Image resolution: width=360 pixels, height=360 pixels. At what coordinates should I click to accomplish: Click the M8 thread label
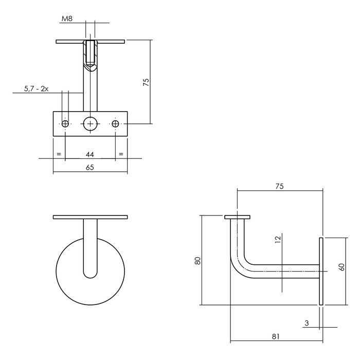tap(66, 20)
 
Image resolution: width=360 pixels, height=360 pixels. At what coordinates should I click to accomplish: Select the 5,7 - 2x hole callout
tap(36, 89)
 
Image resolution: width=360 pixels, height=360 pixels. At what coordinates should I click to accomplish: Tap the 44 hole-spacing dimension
tap(90, 154)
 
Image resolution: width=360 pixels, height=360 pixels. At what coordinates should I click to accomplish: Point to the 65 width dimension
tap(90, 168)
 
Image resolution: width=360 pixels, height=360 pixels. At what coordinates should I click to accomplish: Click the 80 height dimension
tap(197, 261)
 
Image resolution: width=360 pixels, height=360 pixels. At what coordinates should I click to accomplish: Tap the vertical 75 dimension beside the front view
tap(146, 82)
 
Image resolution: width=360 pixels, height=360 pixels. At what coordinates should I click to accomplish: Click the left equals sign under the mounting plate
tap(59, 154)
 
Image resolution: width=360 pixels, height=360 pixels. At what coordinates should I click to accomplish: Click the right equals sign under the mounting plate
tap(121, 154)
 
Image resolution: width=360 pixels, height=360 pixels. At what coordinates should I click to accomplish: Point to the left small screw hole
tap(65, 123)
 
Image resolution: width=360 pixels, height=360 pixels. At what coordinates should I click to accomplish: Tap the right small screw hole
tap(115, 123)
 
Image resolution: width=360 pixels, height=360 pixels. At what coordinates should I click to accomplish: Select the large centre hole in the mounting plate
tap(91, 123)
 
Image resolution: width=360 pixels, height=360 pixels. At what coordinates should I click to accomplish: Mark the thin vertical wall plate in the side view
tap(321, 272)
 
